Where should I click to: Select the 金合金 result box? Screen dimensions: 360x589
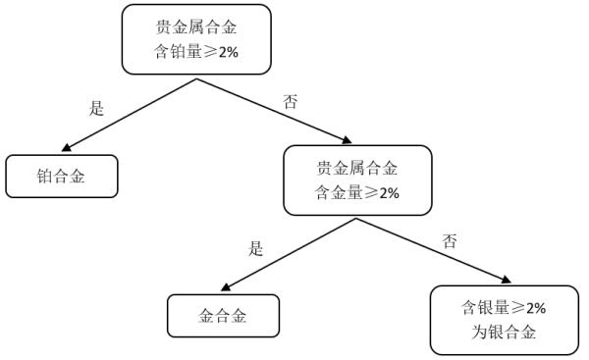click(223, 317)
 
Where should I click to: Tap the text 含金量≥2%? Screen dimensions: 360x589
click(357, 193)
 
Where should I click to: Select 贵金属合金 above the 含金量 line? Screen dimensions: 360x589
click(357, 168)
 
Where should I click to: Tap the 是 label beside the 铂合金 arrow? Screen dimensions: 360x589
click(96, 109)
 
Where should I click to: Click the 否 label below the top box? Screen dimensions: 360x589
click(290, 102)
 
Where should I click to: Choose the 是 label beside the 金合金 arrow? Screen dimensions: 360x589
click(257, 248)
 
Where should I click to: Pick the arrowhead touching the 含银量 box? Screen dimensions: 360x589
click(505, 283)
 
